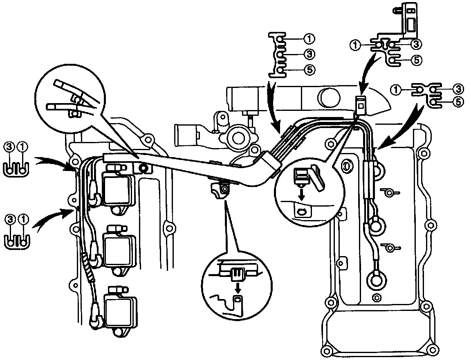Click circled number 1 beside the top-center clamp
(309, 39)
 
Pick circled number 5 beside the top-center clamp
(310, 70)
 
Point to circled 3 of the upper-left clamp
(8, 146)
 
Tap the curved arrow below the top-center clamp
(273, 106)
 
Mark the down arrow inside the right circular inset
(301, 193)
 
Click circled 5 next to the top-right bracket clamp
(416, 60)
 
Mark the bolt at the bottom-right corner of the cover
(432, 350)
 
